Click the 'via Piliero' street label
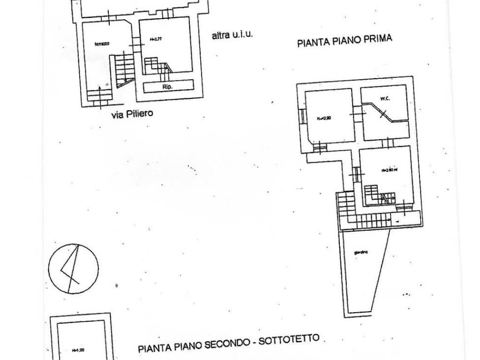(x=132, y=114)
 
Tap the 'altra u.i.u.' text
(x=232, y=35)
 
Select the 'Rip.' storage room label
(x=167, y=87)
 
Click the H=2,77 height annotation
(x=156, y=40)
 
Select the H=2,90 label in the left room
(x=323, y=118)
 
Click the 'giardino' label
(x=361, y=253)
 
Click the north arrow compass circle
(x=74, y=268)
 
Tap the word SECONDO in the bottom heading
(x=230, y=344)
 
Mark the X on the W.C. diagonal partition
(x=383, y=113)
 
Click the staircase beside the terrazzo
(x=123, y=70)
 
